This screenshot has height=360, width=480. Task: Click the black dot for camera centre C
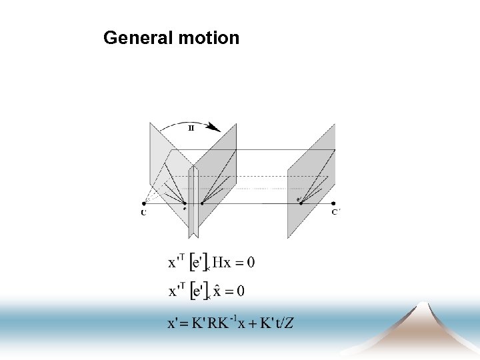click(144, 203)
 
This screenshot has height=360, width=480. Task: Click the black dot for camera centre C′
click(333, 203)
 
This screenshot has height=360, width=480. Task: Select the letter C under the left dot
click(144, 213)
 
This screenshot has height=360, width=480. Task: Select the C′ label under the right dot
click(335, 213)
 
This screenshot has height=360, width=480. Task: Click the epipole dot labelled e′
click(301, 203)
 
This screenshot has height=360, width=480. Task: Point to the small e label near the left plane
click(185, 209)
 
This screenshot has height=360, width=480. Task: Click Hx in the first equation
click(221, 262)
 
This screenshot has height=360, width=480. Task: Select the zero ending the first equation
click(250, 262)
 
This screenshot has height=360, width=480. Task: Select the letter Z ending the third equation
click(289, 324)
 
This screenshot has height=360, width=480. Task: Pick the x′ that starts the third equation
click(174, 324)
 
